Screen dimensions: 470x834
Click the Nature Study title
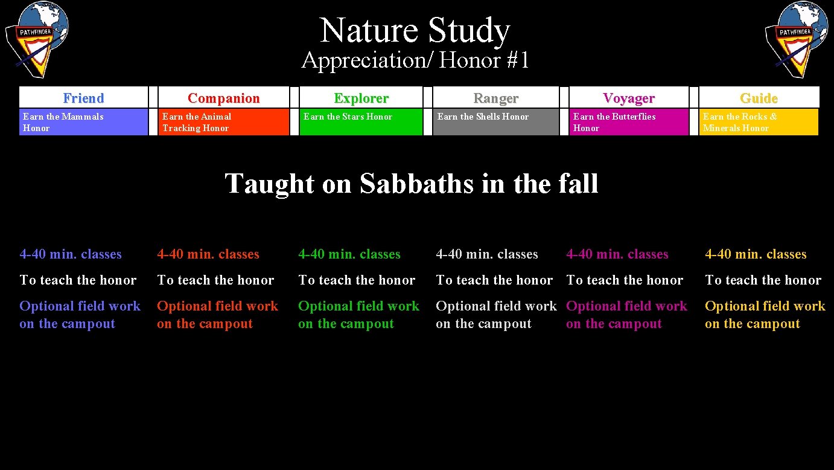pyautogui.click(x=415, y=30)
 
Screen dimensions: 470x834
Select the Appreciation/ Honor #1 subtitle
pyautogui.click(x=415, y=60)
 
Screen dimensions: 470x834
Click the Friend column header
pyautogui.click(x=83, y=98)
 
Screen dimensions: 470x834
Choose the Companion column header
pyautogui.click(x=223, y=98)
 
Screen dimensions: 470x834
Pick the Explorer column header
pyautogui.click(x=361, y=98)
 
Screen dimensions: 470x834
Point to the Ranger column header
pyautogui.click(x=495, y=98)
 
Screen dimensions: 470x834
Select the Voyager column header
pyautogui.click(x=629, y=98)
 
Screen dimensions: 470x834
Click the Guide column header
pyautogui.click(x=759, y=98)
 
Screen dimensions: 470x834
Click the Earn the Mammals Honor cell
pyautogui.click(x=83, y=122)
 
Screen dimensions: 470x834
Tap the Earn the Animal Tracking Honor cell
pyautogui.click(x=223, y=122)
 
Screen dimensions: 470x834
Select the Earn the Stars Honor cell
pyautogui.click(x=361, y=122)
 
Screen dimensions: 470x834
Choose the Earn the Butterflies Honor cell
pyautogui.click(x=629, y=122)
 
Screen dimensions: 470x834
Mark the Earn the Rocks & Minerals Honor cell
pyautogui.click(x=759, y=122)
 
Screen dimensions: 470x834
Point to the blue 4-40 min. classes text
pyautogui.click(x=71, y=254)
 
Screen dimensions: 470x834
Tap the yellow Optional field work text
pyautogui.click(x=765, y=306)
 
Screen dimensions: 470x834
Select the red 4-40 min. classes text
pyautogui.click(x=208, y=254)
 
